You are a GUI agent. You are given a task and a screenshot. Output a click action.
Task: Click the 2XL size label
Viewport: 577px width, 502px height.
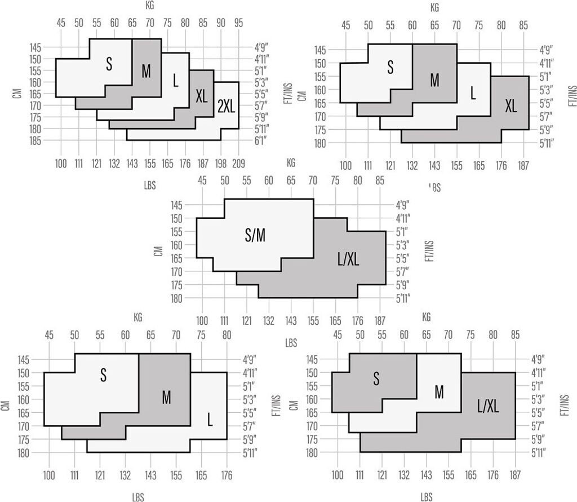(x=226, y=107)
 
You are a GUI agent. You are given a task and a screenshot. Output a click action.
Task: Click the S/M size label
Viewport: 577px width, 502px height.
(x=255, y=237)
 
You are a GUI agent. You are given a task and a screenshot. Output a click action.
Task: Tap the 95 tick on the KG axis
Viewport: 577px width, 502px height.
(x=238, y=23)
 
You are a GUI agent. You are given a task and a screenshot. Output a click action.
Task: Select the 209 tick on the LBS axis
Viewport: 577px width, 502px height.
(x=239, y=164)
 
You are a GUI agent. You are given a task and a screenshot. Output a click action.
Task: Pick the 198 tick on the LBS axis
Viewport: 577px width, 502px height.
(x=221, y=164)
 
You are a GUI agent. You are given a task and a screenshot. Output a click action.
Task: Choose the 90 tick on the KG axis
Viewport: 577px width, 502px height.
(x=221, y=23)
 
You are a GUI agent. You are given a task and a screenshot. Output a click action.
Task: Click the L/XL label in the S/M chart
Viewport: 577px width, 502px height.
(x=347, y=259)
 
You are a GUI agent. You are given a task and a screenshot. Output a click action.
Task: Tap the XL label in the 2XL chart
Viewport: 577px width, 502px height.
(x=201, y=96)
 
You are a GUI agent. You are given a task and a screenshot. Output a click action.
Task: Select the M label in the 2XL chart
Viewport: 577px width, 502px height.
(x=147, y=71)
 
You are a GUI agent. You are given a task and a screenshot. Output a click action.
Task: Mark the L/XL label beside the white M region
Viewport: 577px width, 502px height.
(x=488, y=405)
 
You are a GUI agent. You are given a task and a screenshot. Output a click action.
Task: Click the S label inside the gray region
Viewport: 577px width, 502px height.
(x=376, y=379)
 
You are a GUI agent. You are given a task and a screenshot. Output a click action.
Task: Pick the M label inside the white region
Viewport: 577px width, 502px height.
(x=439, y=392)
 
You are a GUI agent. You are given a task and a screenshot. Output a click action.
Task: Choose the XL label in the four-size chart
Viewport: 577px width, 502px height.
(x=511, y=105)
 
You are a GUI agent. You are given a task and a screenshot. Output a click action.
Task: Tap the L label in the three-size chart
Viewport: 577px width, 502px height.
(x=210, y=420)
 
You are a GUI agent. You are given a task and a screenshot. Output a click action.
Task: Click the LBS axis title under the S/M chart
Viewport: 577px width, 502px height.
(x=291, y=342)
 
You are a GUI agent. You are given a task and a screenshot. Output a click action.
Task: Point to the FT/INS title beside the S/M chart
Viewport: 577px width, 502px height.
(x=430, y=250)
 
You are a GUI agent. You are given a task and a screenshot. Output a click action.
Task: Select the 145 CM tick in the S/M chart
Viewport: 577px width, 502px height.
(x=177, y=205)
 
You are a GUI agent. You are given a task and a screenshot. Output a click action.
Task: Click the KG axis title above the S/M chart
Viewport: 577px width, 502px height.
(x=291, y=164)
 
